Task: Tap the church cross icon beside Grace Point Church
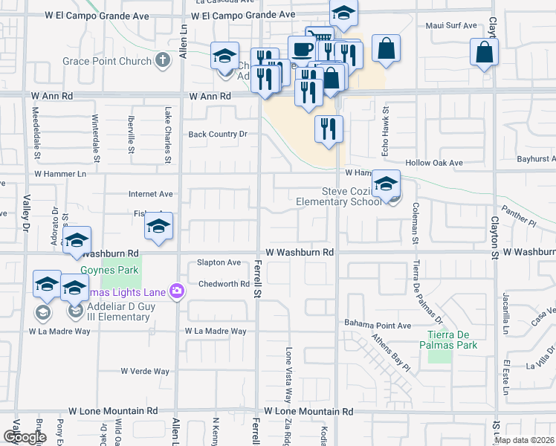164,61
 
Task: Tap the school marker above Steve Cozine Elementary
386,184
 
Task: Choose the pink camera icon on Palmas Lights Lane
177,291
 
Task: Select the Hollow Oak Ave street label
434,163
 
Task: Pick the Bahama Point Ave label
377,325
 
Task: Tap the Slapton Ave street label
219,262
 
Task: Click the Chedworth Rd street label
224,284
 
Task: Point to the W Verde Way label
146,371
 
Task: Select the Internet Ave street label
150,194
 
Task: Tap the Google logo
25,437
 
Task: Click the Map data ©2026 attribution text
525,440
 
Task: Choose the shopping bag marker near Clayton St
484,52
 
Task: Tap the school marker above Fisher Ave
158,227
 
